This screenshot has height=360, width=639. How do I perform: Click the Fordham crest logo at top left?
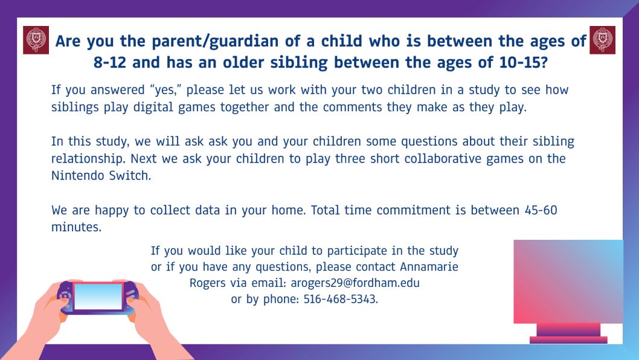click(36, 40)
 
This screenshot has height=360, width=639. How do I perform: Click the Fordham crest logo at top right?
click(602, 40)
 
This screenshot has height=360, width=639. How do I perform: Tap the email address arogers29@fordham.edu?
click(355, 283)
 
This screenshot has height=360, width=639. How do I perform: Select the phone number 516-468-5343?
click(340, 299)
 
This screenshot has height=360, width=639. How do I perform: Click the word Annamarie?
click(429, 266)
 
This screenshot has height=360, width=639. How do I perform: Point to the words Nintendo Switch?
click(101, 176)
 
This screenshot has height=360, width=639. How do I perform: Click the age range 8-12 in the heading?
click(110, 63)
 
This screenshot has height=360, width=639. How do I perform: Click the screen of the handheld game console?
click(98, 297)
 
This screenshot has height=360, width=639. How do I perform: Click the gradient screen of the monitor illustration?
click(568, 281)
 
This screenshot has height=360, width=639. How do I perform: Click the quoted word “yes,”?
click(165, 89)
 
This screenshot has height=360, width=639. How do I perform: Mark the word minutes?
click(76, 227)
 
